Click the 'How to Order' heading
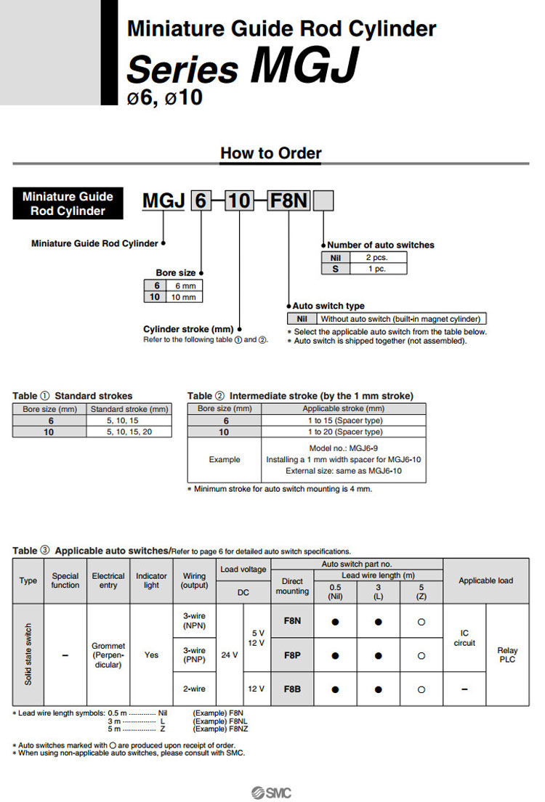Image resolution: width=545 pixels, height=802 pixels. (x=270, y=153)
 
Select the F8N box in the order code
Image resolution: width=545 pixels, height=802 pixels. (x=288, y=200)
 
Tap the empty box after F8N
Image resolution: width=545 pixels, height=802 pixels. (x=323, y=200)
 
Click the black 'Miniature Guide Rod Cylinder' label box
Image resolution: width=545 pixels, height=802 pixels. (x=68, y=203)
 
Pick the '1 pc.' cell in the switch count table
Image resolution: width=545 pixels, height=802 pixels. (x=377, y=268)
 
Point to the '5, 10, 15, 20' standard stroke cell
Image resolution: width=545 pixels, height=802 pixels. (x=130, y=432)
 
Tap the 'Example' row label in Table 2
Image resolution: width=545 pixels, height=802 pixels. (x=224, y=460)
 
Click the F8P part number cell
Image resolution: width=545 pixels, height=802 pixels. (x=292, y=655)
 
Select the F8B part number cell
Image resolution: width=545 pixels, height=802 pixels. (x=292, y=689)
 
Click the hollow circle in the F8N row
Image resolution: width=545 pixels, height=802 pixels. (x=421, y=622)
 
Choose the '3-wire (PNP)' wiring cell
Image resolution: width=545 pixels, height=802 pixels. (x=195, y=655)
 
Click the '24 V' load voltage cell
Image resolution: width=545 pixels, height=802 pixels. (x=230, y=655)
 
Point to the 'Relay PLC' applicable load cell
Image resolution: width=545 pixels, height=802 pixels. (x=507, y=655)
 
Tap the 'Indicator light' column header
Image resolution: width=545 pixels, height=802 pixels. (x=151, y=580)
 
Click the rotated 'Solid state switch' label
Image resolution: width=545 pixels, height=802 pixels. (x=28, y=655)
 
